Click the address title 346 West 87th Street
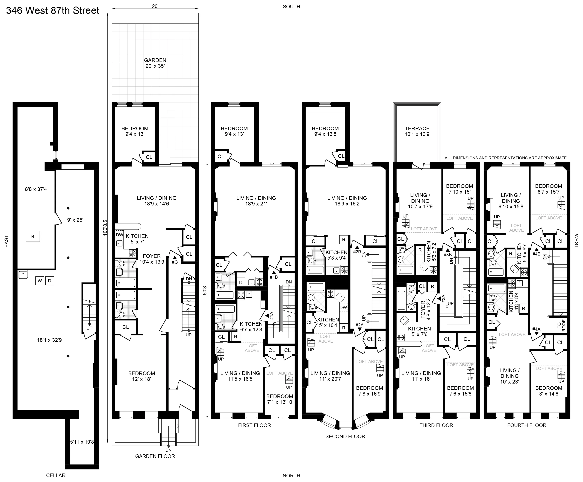point(53,11)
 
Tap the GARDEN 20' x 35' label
point(155,63)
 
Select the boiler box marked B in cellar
point(33,237)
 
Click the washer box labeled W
point(40,281)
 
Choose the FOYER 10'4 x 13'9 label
point(152,259)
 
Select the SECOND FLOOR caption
point(345,436)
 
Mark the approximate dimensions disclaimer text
point(505,158)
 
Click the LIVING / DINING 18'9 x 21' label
point(256,201)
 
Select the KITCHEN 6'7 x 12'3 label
point(251,327)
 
